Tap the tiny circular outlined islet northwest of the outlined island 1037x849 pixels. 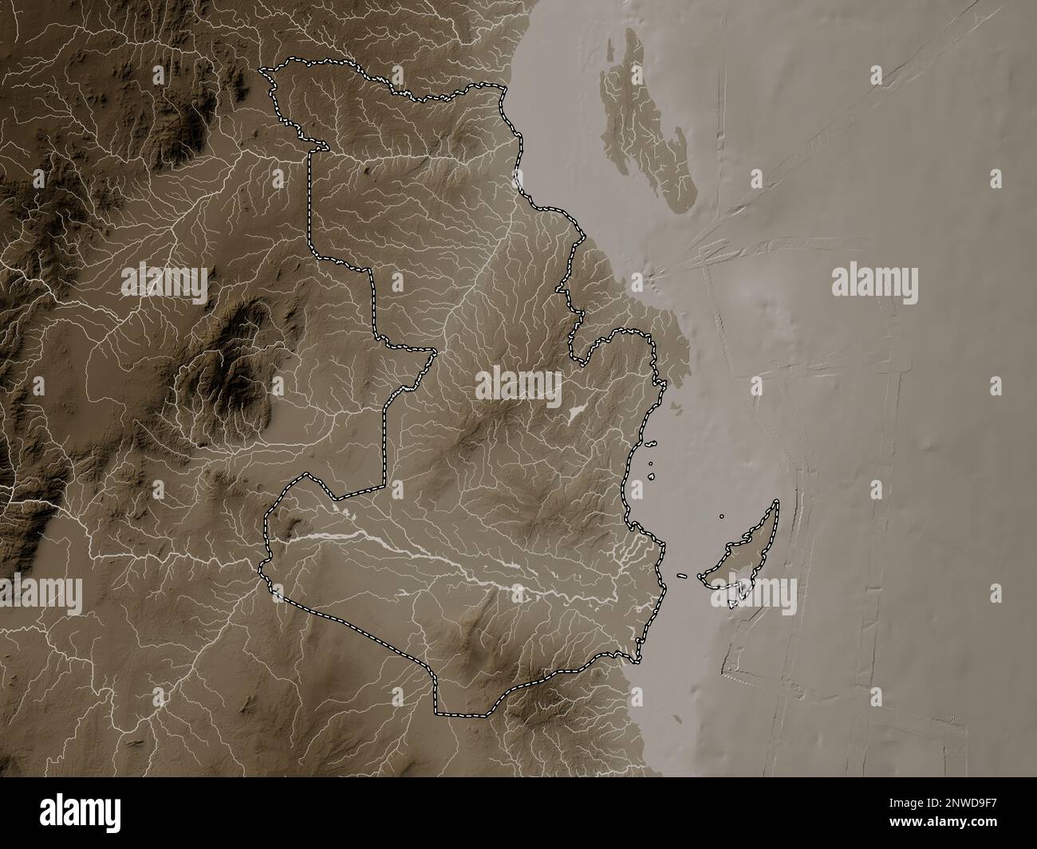coord(722,517)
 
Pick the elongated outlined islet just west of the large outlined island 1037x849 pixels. coord(683,576)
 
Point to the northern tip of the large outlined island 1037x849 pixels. coord(776,502)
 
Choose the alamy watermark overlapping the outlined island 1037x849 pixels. coord(755,593)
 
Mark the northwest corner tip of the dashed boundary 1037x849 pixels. coord(263,71)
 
